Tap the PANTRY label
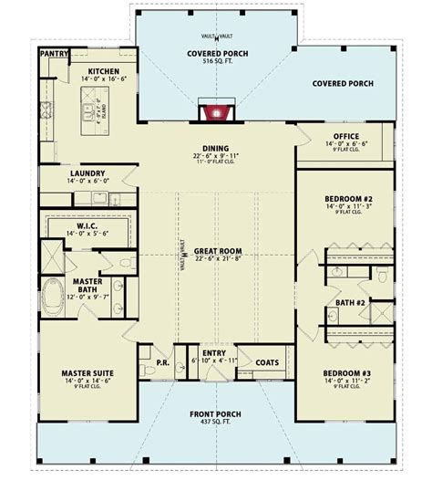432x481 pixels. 54,53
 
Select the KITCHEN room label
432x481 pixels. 105,70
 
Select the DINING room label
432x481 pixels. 216,149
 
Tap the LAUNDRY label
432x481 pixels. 87,173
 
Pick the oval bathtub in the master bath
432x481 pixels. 54,296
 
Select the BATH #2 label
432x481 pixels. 350,301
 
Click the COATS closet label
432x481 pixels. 267,362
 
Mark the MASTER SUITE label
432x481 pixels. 87,372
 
